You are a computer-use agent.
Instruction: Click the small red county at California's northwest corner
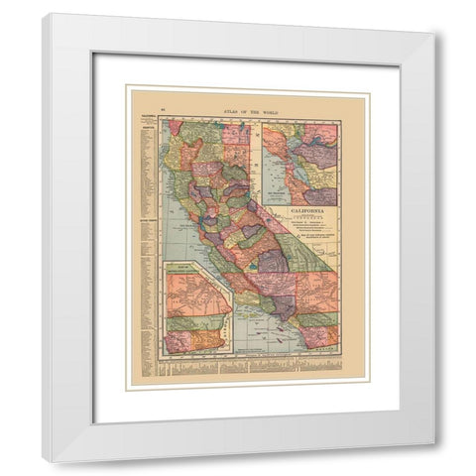(176, 128)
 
